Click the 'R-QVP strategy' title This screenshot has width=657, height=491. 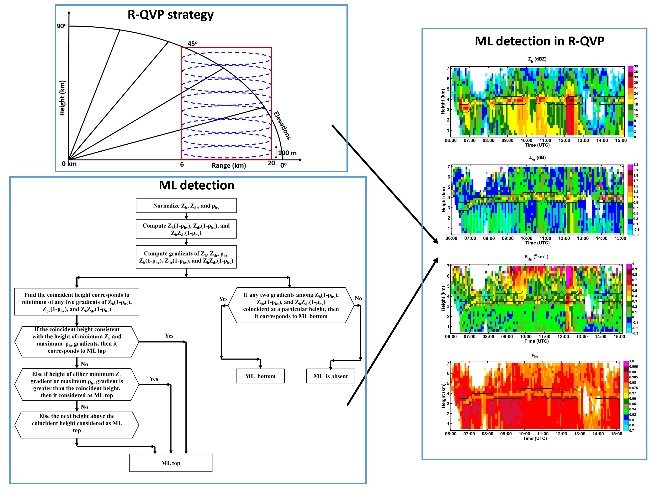click(170, 15)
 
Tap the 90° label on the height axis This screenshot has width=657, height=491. click(61, 26)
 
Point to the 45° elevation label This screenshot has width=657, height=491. click(192, 44)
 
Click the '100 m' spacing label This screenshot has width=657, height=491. click(287, 153)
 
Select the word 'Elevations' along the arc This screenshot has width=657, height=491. click(282, 125)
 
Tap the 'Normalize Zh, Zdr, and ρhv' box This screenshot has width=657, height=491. click(186, 206)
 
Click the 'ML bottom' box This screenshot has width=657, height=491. click(260, 376)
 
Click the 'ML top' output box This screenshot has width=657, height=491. click(171, 463)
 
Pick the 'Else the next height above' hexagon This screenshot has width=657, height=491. click(77, 423)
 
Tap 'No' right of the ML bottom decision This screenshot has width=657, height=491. click(358, 298)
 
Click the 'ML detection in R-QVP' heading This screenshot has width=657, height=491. click(539, 41)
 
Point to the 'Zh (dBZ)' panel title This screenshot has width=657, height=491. click(537, 59)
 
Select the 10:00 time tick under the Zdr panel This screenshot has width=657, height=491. click(526, 238)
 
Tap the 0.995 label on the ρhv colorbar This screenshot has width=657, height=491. click(634, 367)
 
